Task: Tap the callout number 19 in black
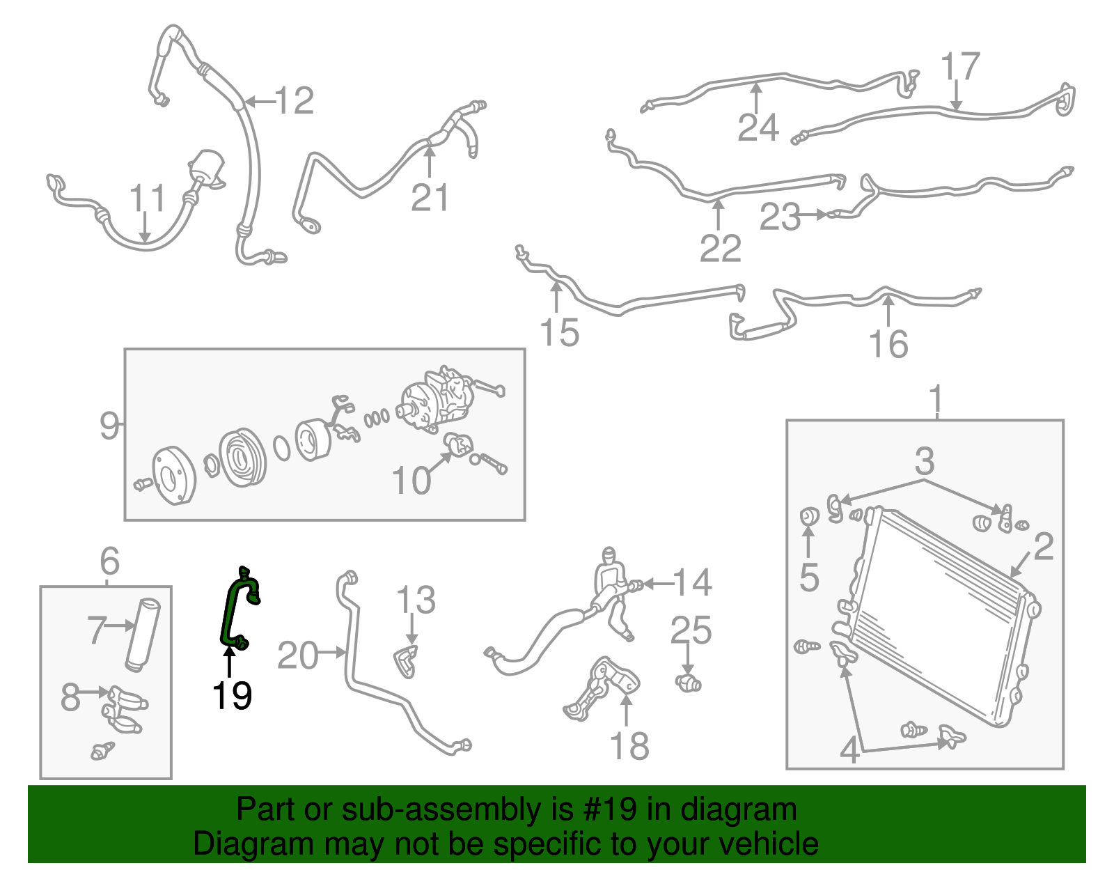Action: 232,694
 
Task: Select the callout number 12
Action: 295,102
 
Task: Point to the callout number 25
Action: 691,630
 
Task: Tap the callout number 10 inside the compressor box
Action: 411,481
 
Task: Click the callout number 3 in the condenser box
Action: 924,460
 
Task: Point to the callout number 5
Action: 808,577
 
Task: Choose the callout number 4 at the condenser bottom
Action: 849,750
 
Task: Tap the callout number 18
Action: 629,746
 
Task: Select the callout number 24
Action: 758,127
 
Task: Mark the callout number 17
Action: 960,67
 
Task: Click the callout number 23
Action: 780,217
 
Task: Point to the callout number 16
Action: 888,344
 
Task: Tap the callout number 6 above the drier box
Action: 109,561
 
